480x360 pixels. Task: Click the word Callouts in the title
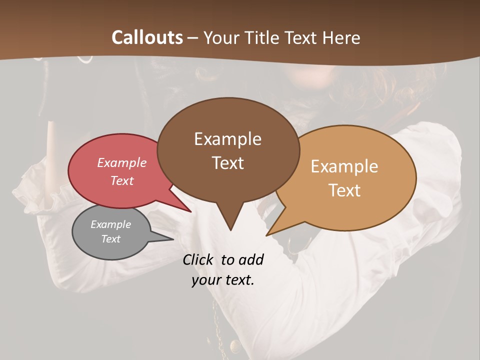pyautogui.click(x=147, y=37)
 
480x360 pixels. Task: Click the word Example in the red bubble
pyautogui.click(x=122, y=162)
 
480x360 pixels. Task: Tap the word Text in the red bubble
pyautogui.click(x=122, y=180)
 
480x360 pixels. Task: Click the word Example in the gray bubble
pyautogui.click(x=110, y=224)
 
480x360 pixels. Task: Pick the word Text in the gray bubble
pyautogui.click(x=110, y=239)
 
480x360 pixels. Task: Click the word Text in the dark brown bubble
pyautogui.click(x=227, y=162)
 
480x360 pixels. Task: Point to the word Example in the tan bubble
pyautogui.click(x=344, y=166)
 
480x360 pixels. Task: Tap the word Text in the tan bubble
pyautogui.click(x=344, y=190)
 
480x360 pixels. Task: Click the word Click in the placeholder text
pyautogui.click(x=199, y=259)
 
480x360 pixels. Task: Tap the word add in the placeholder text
pyautogui.click(x=250, y=259)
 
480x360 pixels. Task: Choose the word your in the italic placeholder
pyautogui.click(x=206, y=280)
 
